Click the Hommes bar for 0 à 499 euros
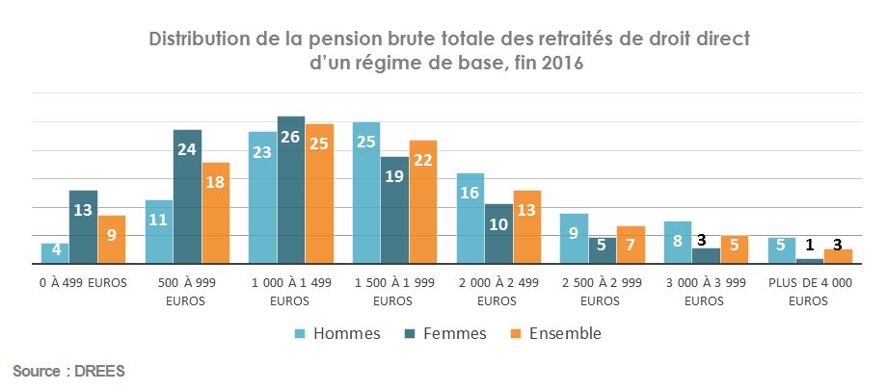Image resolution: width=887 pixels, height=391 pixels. coord(55,253)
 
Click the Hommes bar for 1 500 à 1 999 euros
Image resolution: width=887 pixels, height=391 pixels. coord(366,193)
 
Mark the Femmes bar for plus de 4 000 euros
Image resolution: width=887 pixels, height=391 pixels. coord(810,260)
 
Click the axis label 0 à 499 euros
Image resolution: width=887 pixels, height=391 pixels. coord(83,285)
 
